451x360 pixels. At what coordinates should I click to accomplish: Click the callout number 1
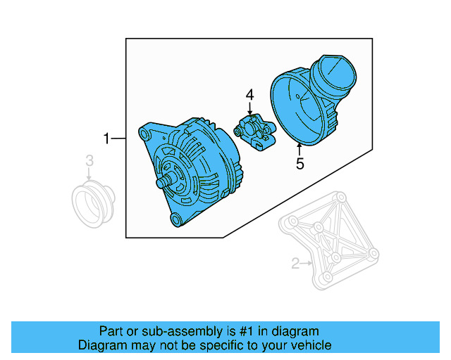click(x=106, y=139)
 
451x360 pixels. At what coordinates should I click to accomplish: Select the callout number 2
click(x=295, y=264)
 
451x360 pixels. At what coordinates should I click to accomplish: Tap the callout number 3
click(x=89, y=162)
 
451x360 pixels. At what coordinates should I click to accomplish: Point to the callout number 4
click(x=249, y=94)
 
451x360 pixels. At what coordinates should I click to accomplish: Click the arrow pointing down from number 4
click(x=249, y=109)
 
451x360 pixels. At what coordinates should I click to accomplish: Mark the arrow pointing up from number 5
click(x=299, y=149)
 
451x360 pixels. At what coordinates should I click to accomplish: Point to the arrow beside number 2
click(x=307, y=264)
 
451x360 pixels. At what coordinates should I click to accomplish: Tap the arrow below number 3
click(x=89, y=176)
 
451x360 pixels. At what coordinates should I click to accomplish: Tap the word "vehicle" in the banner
click(x=311, y=345)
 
